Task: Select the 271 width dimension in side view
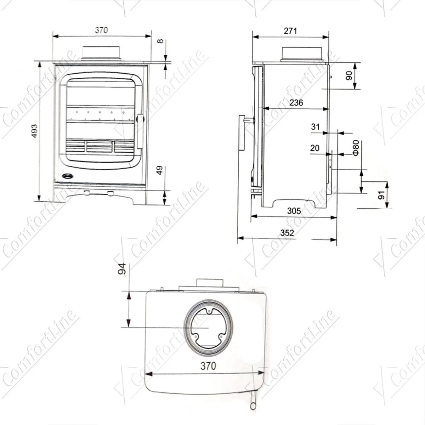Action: pos(290,31)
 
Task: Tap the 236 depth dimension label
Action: pos(296,103)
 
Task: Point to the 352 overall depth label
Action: pos(287,233)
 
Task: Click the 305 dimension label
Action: pos(294,211)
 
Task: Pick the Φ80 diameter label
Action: pos(356,148)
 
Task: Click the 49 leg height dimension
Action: pos(160,170)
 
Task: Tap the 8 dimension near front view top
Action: pos(160,41)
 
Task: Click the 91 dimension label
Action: pos(381,194)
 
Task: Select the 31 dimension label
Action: pos(315,127)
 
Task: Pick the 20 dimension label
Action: pos(314,148)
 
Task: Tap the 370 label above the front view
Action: pos(101,30)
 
